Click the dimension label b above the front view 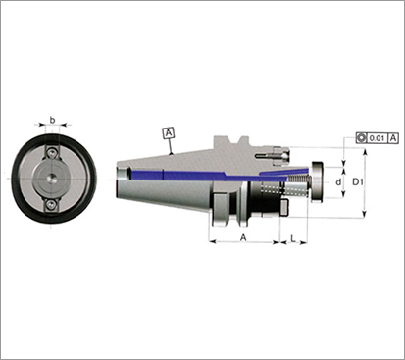(x=52, y=120)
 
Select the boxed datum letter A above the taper (x=169, y=133)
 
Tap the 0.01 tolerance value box (x=378, y=138)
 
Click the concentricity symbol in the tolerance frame (x=362, y=138)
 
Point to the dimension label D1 (x=358, y=182)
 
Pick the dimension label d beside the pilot (x=338, y=182)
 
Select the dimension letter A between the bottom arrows (x=243, y=237)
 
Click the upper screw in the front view (x=51, y=153)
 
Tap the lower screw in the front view (x=51, y=205)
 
